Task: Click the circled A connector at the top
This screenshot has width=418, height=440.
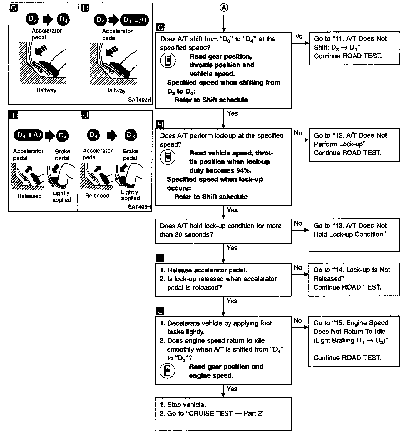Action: pos(224,8)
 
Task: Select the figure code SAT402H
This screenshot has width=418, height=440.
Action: pos(140,99)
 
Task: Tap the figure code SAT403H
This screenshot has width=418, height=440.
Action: pos(140,207)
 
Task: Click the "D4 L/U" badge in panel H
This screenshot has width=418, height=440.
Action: pos(135,20)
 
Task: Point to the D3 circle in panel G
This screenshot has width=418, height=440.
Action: pos(32,19)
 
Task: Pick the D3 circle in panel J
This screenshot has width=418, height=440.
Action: pos(131,135)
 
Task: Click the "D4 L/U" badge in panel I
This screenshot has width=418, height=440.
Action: pos(29,135)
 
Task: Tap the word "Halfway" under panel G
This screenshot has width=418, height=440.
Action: pos(46,90)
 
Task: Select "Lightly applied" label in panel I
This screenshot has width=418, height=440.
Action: pos(61,196)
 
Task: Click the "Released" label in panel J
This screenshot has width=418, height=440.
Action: pos(97,196)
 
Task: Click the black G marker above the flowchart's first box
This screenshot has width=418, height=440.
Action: pos(160,27)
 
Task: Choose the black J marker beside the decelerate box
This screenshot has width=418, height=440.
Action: pos(160,311)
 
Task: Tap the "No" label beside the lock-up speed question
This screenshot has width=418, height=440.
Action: pos(298,133)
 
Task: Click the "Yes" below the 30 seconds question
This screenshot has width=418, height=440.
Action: pos(232,248)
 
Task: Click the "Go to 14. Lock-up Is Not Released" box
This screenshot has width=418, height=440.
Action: pos(354,279)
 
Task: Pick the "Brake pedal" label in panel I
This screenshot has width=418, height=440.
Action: pos(62,155)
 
